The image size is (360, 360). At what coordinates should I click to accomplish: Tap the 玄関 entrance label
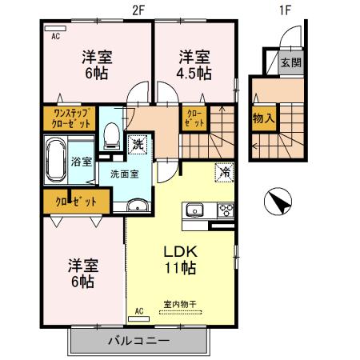291,62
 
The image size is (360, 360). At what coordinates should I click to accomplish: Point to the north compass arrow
276,201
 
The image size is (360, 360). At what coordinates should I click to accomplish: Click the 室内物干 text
179,304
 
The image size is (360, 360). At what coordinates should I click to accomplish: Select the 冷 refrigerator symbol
224,171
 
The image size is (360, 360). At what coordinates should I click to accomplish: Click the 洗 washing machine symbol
137,145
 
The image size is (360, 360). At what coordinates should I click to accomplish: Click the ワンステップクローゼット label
70,119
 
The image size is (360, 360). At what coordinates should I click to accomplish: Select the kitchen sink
195,211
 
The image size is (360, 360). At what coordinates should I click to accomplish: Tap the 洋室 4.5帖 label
194,65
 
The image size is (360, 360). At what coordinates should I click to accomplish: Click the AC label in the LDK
138,310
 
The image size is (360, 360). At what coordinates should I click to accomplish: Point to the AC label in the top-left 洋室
56,36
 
